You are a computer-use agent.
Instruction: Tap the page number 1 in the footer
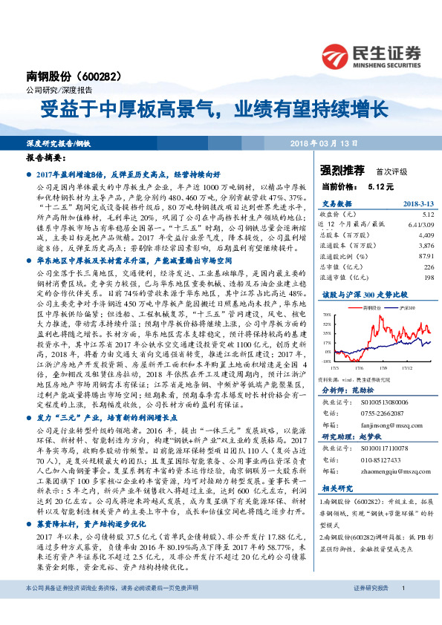(403, 609)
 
